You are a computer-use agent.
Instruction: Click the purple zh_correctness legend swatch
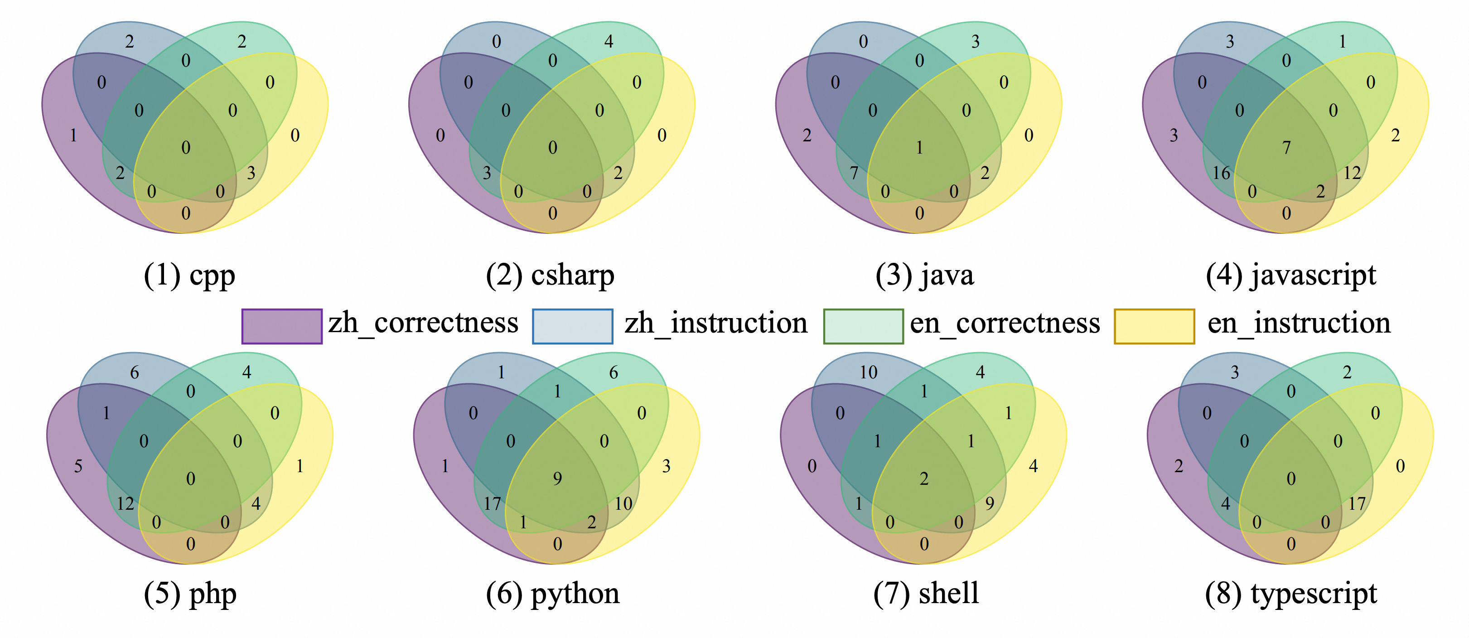(282, 326)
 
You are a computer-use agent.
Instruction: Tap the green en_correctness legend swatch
(863, 326)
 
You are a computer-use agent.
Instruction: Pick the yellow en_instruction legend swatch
(1154, 326)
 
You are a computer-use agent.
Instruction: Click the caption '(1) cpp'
(189, 276)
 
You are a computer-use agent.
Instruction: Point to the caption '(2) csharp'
(550, 276)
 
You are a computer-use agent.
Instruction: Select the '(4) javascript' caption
(1290, 276)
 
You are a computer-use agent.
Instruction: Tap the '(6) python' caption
(552, 594)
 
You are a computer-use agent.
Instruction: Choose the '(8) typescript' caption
(1290, 594)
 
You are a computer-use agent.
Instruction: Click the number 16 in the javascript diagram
(1221, 173)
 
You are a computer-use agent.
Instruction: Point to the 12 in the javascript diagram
(1352, 173)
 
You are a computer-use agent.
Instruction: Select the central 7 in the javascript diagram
(1286, 148)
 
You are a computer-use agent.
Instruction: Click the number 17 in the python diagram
(492, 503)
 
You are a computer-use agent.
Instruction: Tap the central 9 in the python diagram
(557, 478)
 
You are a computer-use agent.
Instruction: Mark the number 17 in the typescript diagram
(1357, 503)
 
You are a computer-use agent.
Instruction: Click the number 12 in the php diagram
(126, 503)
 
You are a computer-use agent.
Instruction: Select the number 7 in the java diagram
(854, 173)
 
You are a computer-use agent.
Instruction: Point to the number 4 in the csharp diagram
(609, 42)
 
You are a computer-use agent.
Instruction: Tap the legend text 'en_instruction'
(1299, 323)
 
